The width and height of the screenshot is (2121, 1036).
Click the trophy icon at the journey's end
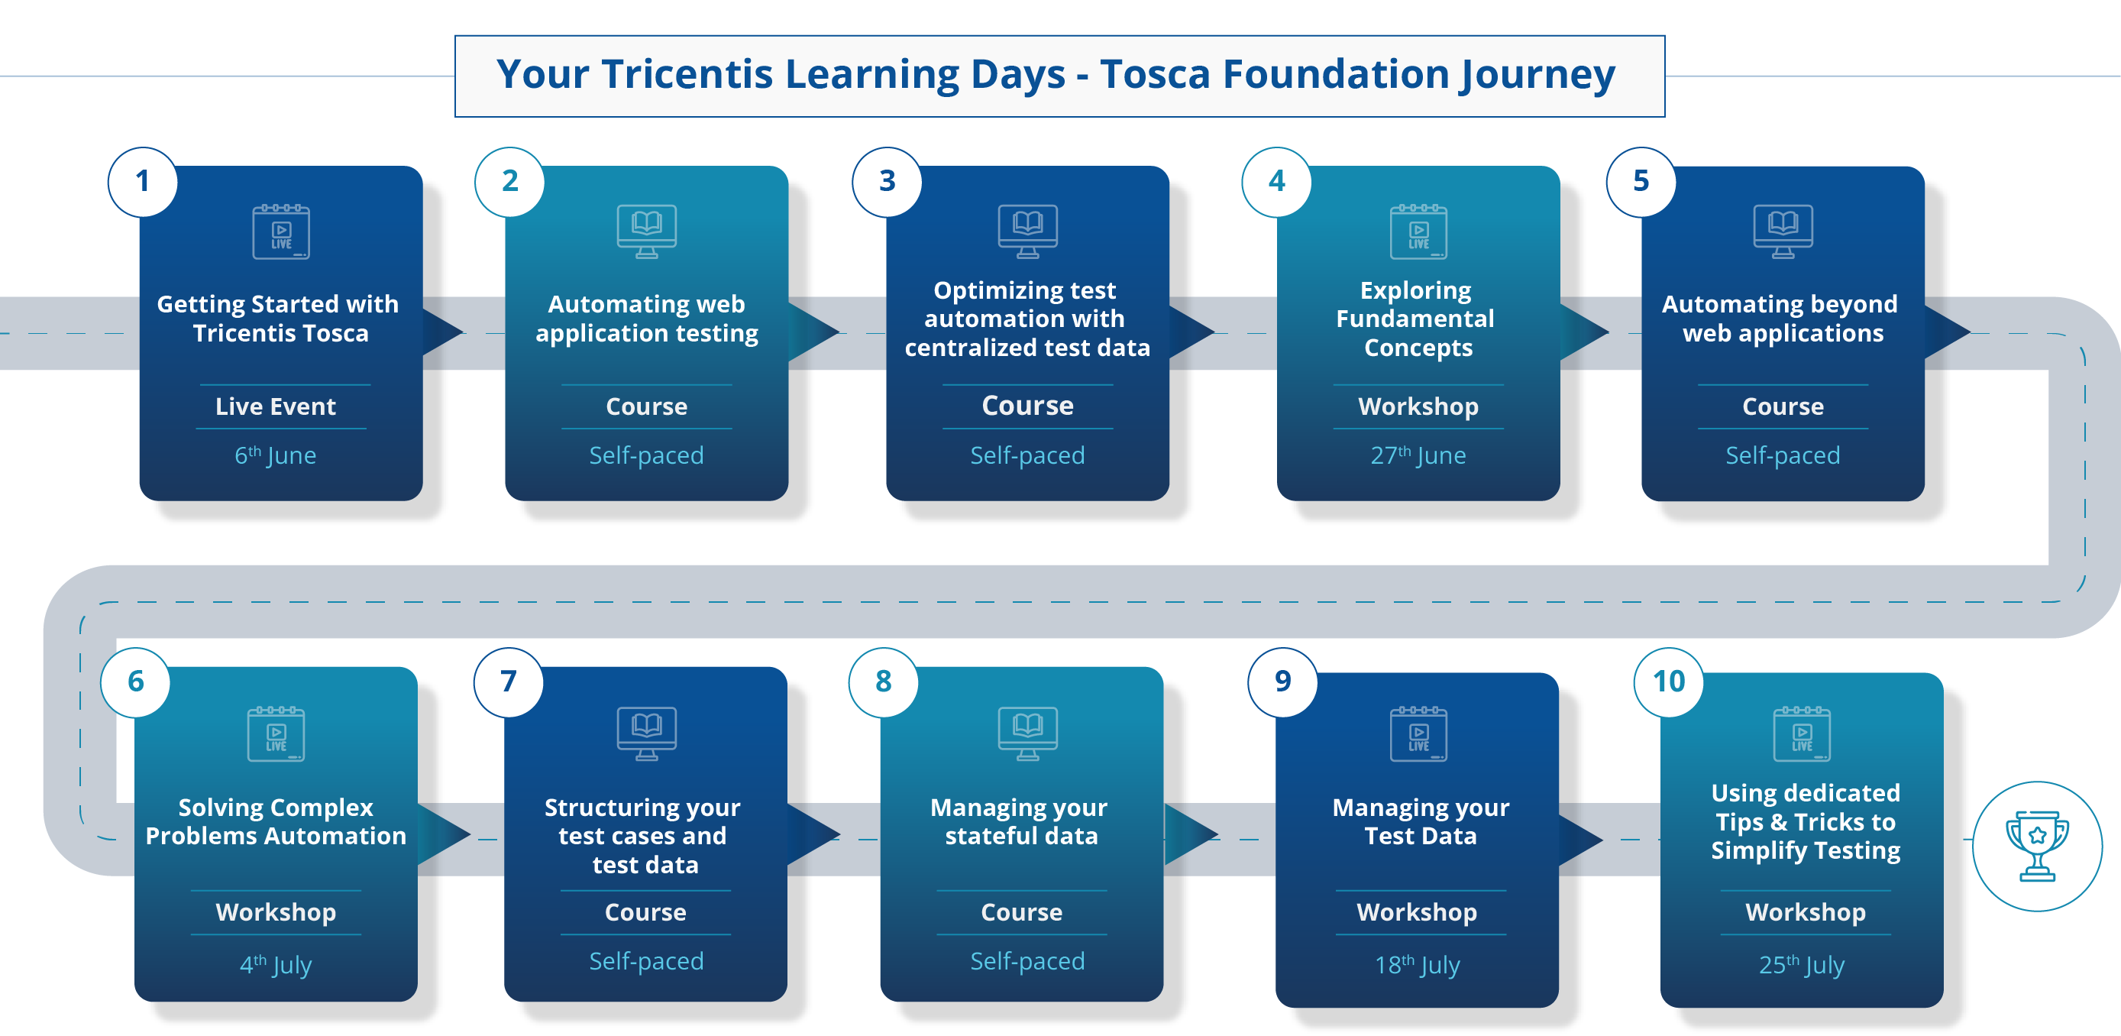tap(2036, 846)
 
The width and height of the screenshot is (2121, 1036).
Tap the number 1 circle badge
tap(142, 182)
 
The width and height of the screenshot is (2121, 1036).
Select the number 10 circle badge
tap(1668, 682)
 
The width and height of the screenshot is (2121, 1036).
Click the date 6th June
tap(275, 455)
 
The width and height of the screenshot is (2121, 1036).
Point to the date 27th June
tap(1417, 455)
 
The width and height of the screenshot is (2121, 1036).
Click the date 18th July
tap(1416, 964)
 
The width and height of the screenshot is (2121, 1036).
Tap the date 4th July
tap(275, 964)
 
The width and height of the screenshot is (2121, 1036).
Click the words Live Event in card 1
tap(275, 406)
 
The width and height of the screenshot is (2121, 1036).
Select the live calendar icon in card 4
tap(1418, 232)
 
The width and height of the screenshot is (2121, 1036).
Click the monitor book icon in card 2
tap(646, 231)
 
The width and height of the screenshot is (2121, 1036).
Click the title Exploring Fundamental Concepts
tap(1416, 319)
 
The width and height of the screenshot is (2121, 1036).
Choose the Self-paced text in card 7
tap(645, 961)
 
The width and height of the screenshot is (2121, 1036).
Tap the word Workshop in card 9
tap(1416, 912)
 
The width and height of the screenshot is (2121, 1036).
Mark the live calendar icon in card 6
tap(276, 733)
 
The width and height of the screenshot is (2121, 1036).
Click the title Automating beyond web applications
tap(1780, 319)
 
